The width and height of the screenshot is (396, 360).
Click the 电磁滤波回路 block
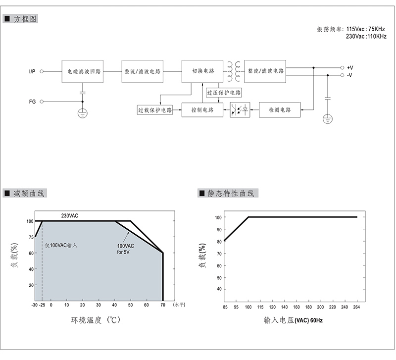(83, 71)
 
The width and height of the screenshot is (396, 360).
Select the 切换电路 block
(202, 71)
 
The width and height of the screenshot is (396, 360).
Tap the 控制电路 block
(202, 110)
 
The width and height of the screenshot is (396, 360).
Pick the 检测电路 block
(280, 110)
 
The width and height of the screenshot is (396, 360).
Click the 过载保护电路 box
(155, 110)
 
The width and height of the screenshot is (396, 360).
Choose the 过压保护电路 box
(224, 93)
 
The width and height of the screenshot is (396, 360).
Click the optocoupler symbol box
(240, 110)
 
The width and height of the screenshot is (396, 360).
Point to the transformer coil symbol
(234, 71)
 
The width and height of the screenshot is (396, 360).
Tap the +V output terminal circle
(342, 68)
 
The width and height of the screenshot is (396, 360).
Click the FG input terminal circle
(42, 102)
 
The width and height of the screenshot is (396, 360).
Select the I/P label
(32, 71)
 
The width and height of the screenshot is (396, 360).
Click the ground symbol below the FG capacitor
(83, 113)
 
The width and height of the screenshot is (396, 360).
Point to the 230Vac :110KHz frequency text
(366, 36)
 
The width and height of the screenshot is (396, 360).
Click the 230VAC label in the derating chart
(70, 216)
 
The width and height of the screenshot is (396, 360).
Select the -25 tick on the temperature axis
(42, 305)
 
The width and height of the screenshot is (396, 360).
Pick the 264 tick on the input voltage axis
(356, 307)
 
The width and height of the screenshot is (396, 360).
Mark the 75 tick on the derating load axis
(31, 237)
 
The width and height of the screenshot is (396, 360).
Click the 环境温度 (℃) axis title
(96, 320)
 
